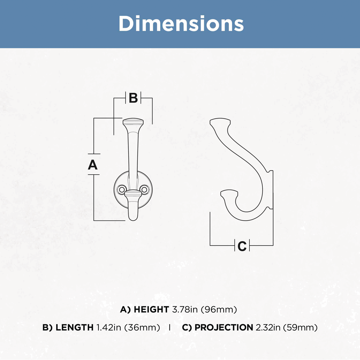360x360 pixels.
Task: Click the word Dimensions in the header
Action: [181, 24]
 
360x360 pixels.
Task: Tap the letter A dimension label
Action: [93, 165]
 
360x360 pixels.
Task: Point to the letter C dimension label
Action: [242, 246]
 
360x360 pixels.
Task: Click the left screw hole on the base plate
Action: [121, 190]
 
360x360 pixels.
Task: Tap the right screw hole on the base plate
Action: [144, 190]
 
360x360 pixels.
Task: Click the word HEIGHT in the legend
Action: [151, 310]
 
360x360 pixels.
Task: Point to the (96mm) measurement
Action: [219, 310]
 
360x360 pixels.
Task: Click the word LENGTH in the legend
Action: [75, 327]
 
